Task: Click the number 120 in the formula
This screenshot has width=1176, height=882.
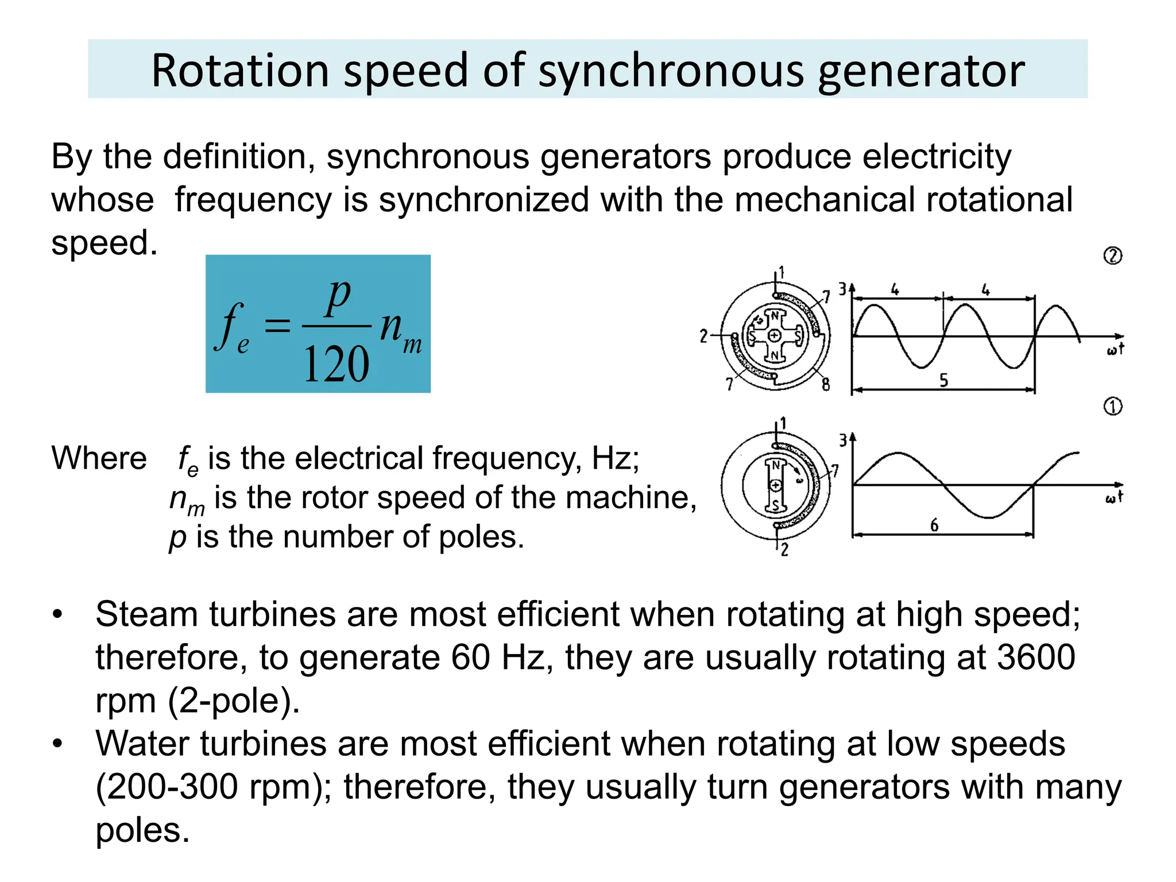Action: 336,365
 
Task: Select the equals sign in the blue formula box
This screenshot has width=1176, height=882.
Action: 277,326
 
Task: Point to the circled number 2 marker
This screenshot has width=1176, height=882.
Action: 1113,256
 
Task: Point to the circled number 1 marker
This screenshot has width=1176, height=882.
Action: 1113,407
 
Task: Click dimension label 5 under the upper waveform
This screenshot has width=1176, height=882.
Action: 943,380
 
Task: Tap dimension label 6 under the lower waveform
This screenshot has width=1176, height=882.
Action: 934,525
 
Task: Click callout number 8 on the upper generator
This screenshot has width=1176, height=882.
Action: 826,384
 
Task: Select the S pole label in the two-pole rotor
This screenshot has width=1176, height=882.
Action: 775,506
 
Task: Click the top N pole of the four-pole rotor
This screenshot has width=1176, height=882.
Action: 775,315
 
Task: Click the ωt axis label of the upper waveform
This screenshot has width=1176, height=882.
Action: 1115,349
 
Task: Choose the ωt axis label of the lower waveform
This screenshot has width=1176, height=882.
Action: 1114,497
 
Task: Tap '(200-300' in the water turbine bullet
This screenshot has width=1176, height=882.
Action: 167,787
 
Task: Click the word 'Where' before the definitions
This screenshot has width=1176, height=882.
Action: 99,458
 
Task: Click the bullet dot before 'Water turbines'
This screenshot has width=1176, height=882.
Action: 57,744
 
